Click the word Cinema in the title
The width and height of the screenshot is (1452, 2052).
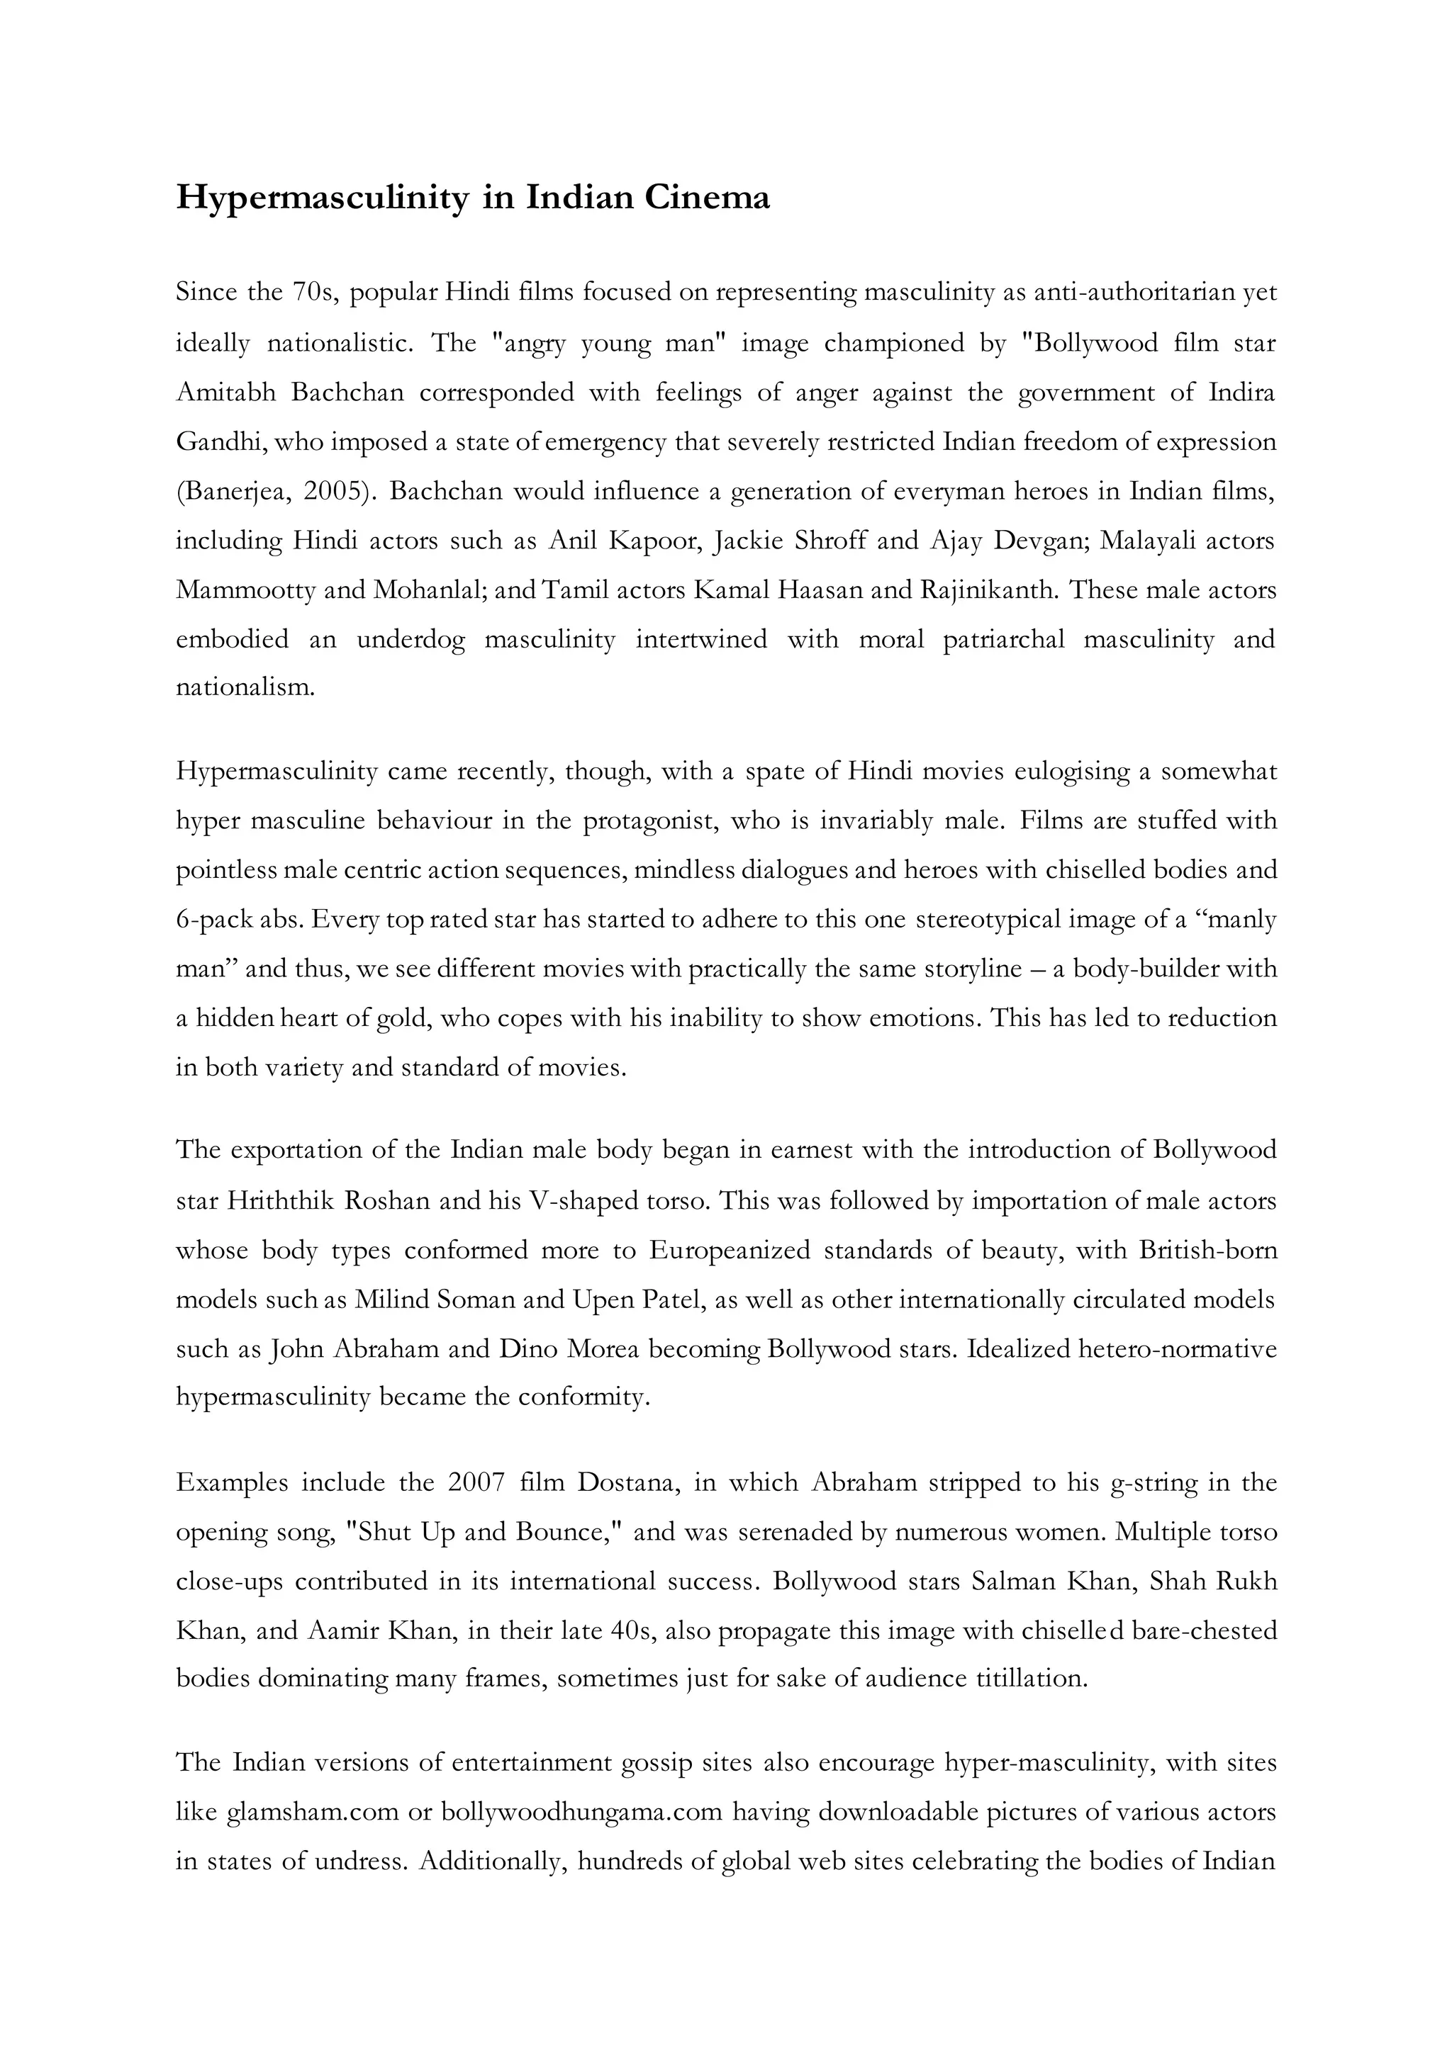(706, 196)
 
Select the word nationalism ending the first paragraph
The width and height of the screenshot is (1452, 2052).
(243, 689)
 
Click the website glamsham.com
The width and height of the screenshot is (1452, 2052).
(312, 1813)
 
